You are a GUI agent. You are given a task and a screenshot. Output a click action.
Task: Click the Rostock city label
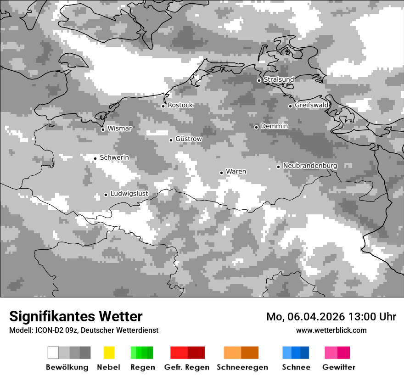tap(180, 105)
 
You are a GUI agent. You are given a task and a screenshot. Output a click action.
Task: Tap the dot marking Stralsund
tap(259, 80)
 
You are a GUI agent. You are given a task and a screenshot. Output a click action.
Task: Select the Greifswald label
tap(311, 105)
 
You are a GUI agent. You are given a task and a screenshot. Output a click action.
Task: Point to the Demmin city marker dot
tap(256, 127)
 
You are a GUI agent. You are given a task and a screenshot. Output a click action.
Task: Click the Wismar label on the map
tap(119, 129)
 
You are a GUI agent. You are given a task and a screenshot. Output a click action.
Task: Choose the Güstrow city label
tap(188, 139)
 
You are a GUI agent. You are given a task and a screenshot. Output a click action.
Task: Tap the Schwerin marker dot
tap(95, 158)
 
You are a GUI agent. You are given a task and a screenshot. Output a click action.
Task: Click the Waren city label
tap(236, 172)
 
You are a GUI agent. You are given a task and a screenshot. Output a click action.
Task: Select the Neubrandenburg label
tap(310, 166)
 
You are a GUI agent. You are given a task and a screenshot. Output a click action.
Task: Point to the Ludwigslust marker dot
tap(106, 195)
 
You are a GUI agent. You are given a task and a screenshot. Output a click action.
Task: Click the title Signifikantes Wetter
tap(76, 317)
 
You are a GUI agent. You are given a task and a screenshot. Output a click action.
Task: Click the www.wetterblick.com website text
tap(331, 330)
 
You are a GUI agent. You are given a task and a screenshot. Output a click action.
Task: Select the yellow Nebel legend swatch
tap(109, 353)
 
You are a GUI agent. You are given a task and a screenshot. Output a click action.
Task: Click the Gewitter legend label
tap(339, 367)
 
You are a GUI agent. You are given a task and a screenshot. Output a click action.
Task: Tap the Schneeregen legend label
tap(242, 367)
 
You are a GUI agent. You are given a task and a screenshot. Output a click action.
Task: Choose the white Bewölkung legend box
tap(53, 353)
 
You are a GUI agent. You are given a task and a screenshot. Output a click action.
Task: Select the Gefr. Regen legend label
tap(187, 367)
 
